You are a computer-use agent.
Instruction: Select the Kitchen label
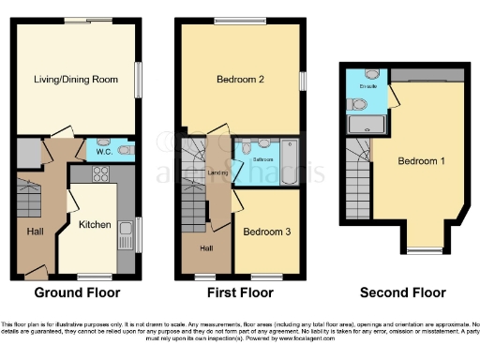[x=96, y=225]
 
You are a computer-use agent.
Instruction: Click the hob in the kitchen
[x=102, y=173]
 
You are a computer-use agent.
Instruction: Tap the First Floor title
[x=241, y=292]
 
